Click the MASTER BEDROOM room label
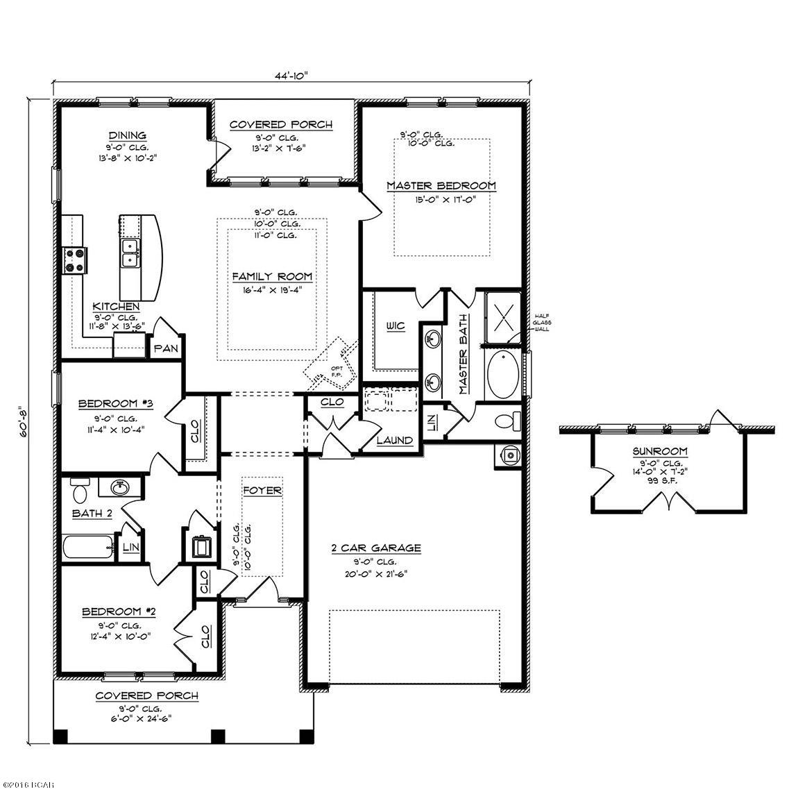pyautogui.click(x=441, y=185)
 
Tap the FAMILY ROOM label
pyautogui.click(x=272, y=276)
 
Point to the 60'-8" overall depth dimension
pyautogui.click(x=24, y=421)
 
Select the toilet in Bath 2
pyautogui.click(x=80, y=491)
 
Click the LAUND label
pyautogui.click(x=395, y=440)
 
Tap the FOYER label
pyautogui.click(x=262, y=491)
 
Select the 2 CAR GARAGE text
pyautogui.click(x=375, y=548)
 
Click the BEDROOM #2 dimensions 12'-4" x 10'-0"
pyautogui.click(x=117, y=635)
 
